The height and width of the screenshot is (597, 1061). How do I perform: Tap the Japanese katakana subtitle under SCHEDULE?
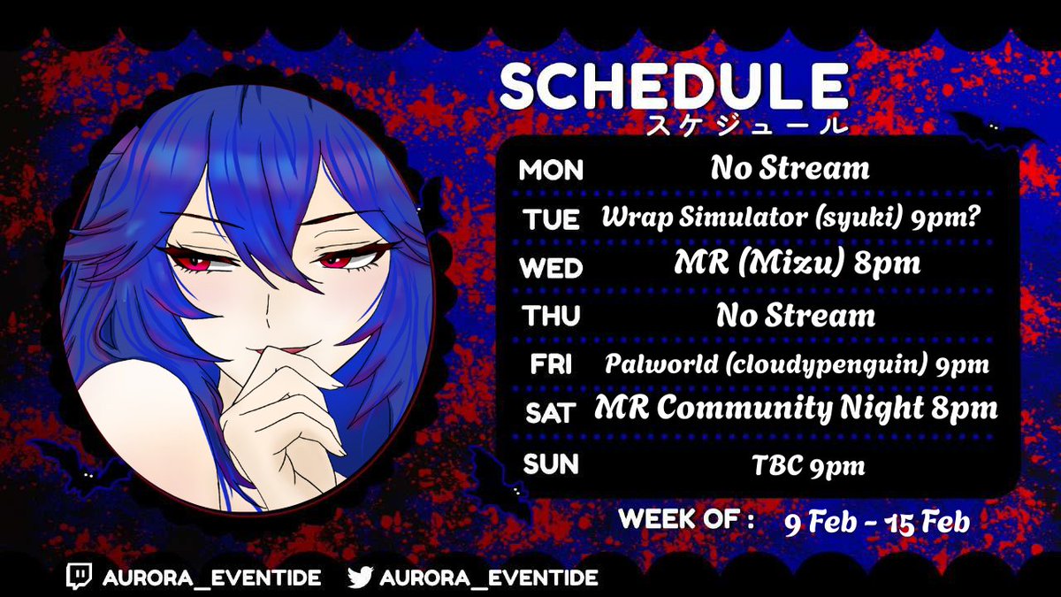pos(747,125)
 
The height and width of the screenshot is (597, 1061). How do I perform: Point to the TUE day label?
pos(551,219)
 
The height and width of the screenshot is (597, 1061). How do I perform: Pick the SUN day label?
pos(550,463)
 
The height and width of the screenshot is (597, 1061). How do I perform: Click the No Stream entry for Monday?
pos(790,168)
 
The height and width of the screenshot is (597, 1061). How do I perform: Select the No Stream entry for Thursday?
pos(796,315)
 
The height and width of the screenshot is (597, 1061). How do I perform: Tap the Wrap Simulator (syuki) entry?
pos(795,218)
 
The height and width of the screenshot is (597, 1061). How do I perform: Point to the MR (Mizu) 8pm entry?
pos(795,265)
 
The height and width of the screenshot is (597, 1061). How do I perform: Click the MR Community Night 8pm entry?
pos(796,409)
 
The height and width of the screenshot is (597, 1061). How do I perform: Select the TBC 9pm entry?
pos(797,464)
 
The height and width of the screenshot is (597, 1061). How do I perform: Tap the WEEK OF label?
pos(686,519)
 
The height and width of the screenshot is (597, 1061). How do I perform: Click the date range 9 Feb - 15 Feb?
pos(877,522)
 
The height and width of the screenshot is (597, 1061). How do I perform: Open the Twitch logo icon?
pos(80,578)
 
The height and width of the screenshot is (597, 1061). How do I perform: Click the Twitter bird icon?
pos(360,578)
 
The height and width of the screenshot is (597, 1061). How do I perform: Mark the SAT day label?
pos(549,412)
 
